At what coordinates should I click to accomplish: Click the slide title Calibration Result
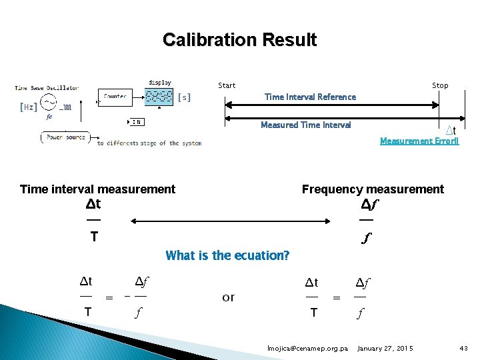click(x=239, y=40)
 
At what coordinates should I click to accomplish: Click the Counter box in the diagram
click(x=115, y=97)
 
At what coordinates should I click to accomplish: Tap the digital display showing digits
click(x=160, y=97)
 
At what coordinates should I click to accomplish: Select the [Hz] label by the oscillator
click(x=29, y=107)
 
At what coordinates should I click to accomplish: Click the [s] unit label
click(x=185, y=97)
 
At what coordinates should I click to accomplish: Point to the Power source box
click(x=66, y=137)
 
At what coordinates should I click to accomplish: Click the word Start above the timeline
click(x=227, y=85)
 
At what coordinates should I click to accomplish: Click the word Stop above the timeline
click(x=440, y=85)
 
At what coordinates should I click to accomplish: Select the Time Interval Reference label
click(x=310, y=97)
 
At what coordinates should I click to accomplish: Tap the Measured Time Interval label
click(x=305, y=125)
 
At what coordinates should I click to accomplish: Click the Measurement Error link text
click(x=419, y=141)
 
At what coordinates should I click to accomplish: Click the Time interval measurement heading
click(x=97, y=189)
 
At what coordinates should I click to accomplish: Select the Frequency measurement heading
click(x=372, y=189)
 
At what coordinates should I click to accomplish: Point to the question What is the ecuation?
click(x=227, y=255)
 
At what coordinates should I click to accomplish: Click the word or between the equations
click(x=228, y=297)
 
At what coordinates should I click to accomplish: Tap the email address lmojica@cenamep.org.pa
click(x=307, y=349)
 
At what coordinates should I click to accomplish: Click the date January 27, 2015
click(x=385, y=349)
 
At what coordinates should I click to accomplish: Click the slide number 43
click(x=464, y=349)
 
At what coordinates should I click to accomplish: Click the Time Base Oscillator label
click(x=47, y=87)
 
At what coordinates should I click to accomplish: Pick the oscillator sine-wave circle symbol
click(x=49, y=103)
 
